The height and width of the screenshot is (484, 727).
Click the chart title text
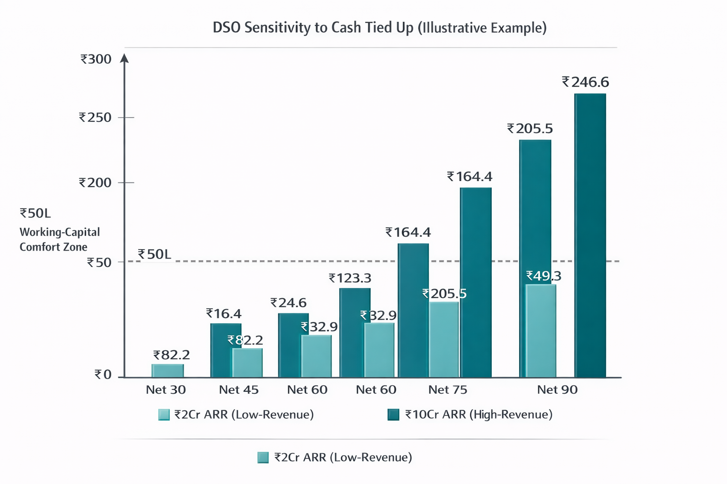click(380, 28)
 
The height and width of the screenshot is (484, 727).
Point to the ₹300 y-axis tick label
click(96, 60)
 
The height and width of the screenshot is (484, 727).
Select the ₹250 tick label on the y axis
click(95, 118)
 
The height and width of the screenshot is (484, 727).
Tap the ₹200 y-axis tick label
click(95, 183)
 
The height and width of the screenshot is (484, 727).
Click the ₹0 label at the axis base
click(103, 375)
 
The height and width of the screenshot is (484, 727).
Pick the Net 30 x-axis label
click(166, 390)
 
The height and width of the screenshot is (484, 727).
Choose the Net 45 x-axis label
click(239, 390)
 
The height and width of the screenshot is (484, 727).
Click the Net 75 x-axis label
click(447, 390)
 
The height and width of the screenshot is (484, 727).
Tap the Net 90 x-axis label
click(557, 390)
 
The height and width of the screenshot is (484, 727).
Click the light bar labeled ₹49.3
click(541, 330)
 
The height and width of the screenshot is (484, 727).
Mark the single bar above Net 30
click(168, 371)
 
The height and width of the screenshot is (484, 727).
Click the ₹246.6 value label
click(585, 83)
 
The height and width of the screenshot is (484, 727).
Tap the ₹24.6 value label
click(289, 303)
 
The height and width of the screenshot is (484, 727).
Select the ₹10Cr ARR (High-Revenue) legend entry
click(470, 415)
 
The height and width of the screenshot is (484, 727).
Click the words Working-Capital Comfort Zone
click(59, 240)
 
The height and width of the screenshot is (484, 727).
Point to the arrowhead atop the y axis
click(124, 58)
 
